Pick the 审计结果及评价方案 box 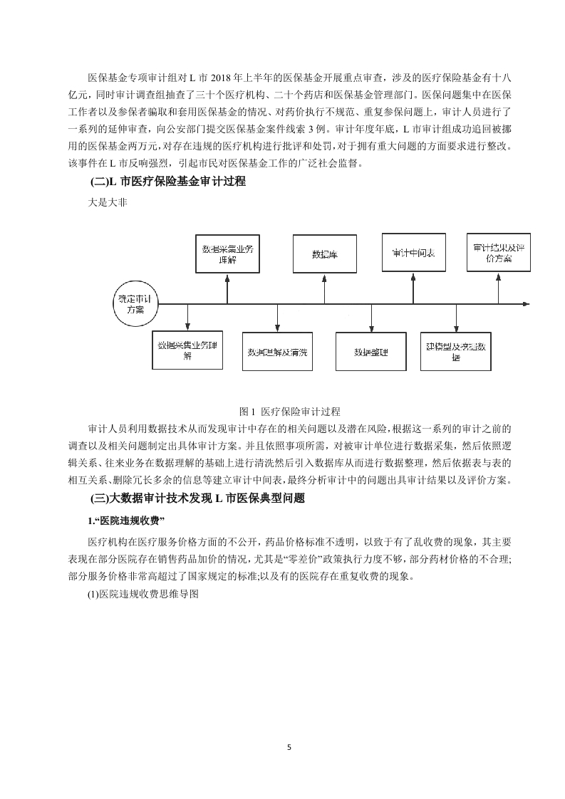click(x=499, y=253)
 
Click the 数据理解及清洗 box click(x=277, y=352)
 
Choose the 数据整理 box click(x=370, y=352)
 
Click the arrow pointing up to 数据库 click(x=325, y=288)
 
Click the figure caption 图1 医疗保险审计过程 click(x=282, y=412)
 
